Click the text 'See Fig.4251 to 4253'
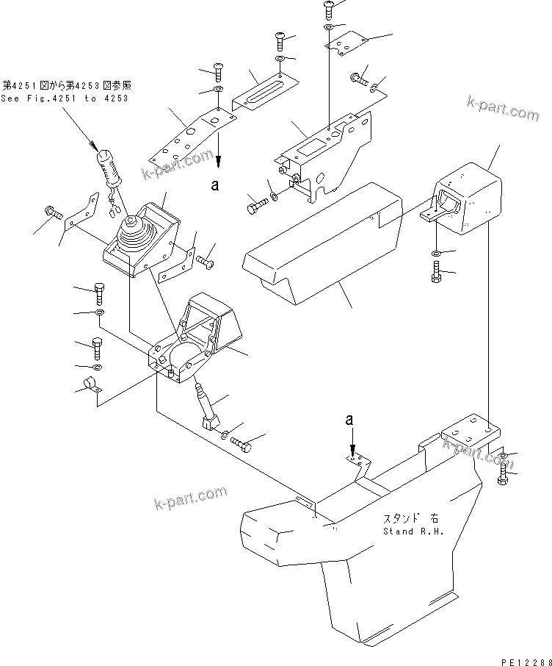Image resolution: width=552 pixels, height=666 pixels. (x=58, y=98)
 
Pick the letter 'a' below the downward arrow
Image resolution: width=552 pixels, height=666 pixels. (x=215, y=185)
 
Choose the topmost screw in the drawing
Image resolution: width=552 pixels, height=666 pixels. (x=328, y=9)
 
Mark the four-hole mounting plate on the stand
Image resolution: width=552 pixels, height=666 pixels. (x=471, y=434)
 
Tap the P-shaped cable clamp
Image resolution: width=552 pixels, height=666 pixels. (x=91, y=385)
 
